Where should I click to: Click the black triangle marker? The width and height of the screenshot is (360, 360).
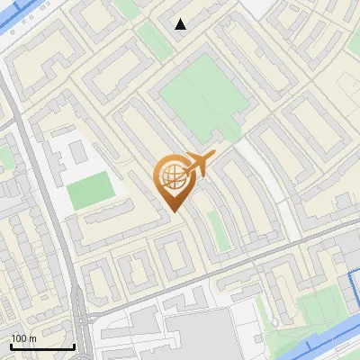(181, 24)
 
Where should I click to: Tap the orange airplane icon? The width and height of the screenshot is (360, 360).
(198, 164)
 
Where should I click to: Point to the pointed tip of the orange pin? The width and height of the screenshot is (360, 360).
(173, 211)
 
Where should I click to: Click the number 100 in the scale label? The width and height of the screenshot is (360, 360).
(19, 338)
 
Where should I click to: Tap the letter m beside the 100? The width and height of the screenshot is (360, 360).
(32, 338)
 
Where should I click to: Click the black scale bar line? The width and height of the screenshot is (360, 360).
(42, 346)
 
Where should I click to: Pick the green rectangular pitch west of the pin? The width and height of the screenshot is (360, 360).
(90, 190)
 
